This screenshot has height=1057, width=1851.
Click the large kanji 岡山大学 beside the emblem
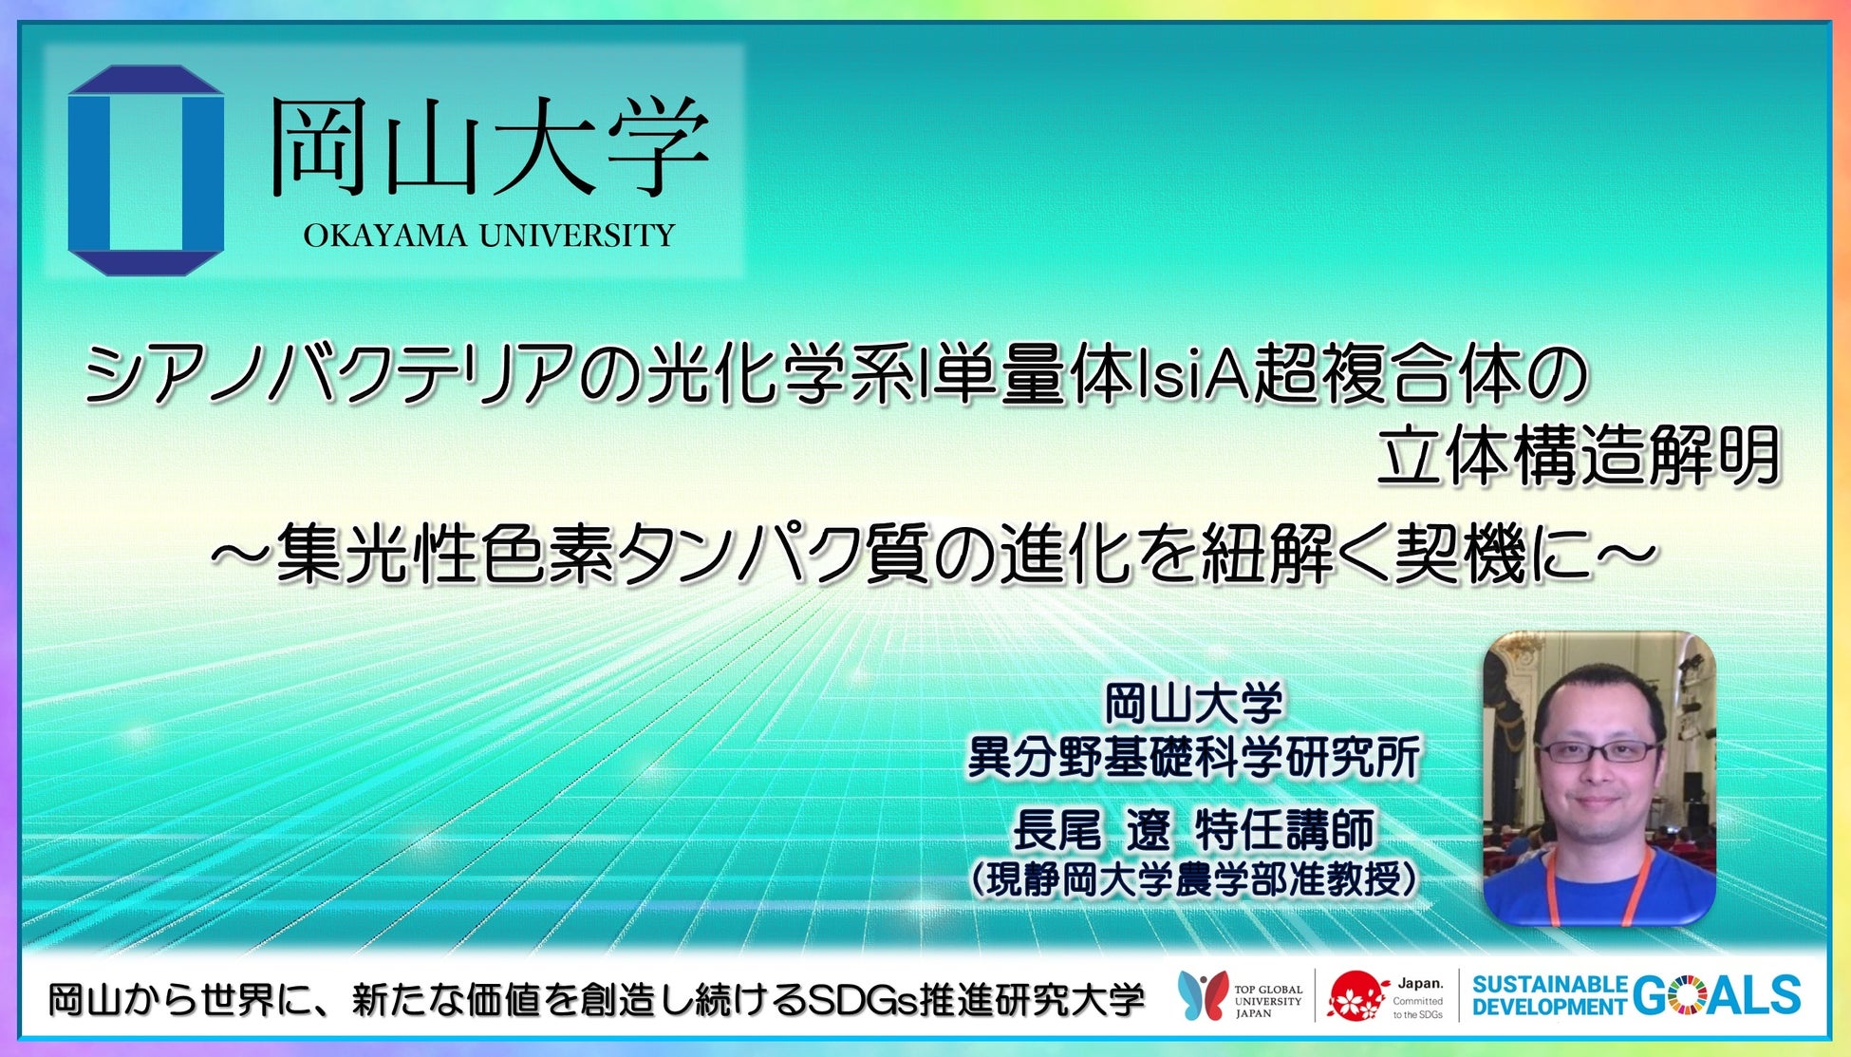tap(489, 148)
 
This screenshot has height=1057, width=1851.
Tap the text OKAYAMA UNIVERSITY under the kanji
tap(489, 236)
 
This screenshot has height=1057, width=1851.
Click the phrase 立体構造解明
tap(1577, 457)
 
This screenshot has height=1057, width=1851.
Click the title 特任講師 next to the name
tap(1284, 831)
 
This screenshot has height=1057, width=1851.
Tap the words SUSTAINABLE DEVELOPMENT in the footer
tap(1550, 995)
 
